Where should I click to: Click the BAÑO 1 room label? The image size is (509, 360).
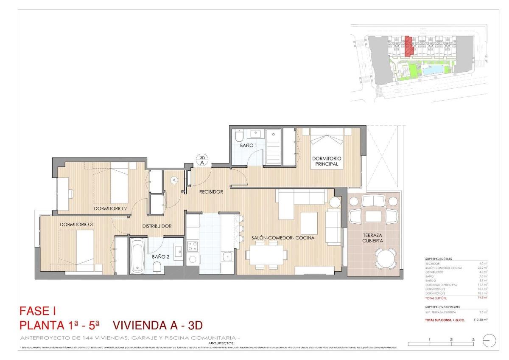[x=249, y=146]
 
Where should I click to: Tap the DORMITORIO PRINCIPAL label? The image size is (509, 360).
[x=327, y=161]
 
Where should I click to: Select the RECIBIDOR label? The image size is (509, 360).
[x=211, y=192]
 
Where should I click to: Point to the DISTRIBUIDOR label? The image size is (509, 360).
[x=157, y=226]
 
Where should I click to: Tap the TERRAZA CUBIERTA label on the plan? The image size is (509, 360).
[x=373, y=238]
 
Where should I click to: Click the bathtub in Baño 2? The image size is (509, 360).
[x=137, y=257]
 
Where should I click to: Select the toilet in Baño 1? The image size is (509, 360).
[x=238, y=136]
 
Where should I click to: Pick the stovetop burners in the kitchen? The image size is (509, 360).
[x=193, y=245]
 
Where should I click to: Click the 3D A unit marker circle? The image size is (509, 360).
[x=202, y=160]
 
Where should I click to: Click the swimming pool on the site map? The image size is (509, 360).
[x=435, y=70]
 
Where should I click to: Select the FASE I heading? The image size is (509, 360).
[x=38, y=312]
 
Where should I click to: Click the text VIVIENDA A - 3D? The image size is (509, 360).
[x=158, y=326]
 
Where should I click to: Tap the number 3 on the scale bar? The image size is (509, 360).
[x=473, y=339]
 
